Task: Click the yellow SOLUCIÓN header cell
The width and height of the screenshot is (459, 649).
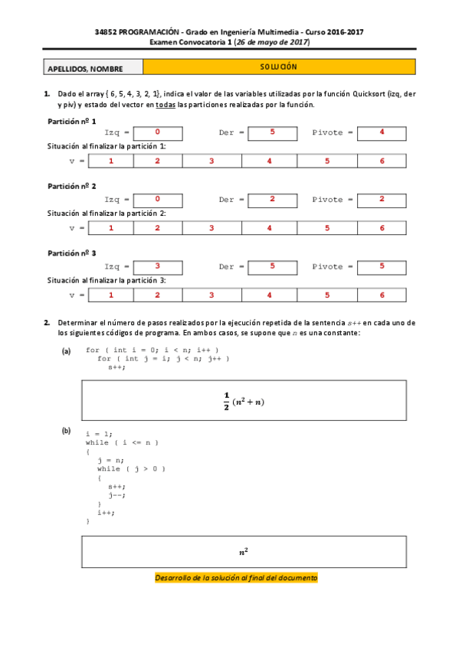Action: coord(279,68)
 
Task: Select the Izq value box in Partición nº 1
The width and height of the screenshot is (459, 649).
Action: coord(157,132)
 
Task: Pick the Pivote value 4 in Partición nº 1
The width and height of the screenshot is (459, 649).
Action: coord(382,132)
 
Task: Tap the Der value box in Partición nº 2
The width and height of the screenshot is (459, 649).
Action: coord(272,199)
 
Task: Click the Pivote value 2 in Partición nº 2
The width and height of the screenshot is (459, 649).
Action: coord(382,199)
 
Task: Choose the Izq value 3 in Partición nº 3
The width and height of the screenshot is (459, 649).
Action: coord(157,266)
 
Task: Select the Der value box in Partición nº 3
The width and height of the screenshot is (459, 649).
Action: coord(272,266)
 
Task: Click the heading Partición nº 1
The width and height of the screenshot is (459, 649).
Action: coord(72,120)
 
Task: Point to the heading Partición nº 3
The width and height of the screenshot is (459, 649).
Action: coord(72,253)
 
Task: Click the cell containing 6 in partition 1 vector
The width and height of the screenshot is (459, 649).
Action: coord(382,161)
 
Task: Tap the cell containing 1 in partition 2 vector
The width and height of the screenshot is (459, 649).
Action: coord(111,228)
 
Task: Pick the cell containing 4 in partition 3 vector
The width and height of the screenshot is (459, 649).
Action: coord(269,295)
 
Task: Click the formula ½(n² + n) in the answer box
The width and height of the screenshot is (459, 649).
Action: coord(244,400)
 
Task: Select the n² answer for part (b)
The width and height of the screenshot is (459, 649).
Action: coord(244,551)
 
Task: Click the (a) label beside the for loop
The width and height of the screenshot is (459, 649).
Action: coord(66,351)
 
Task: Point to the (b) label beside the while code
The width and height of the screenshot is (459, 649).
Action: coord(66,432)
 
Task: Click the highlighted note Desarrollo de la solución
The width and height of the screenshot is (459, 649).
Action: coord(236,578)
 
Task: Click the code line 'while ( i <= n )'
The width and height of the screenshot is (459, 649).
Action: coord(121,442)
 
